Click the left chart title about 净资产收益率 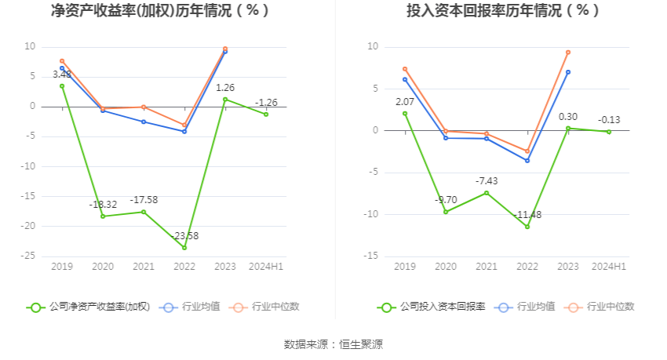160,11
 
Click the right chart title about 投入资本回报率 503,11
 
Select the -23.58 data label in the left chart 185,235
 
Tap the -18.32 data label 104,205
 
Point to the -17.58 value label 144,200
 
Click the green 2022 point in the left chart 184,248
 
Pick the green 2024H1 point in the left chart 266,115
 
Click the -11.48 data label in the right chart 527,215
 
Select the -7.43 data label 487,181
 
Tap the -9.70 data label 446,200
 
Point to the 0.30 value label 568,117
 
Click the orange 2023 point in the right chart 568,53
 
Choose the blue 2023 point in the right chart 568,72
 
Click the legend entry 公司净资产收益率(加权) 89,307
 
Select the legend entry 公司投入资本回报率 432,307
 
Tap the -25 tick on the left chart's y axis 28,256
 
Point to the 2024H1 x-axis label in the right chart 609,267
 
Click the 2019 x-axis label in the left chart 62,267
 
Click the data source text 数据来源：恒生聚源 333,344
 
